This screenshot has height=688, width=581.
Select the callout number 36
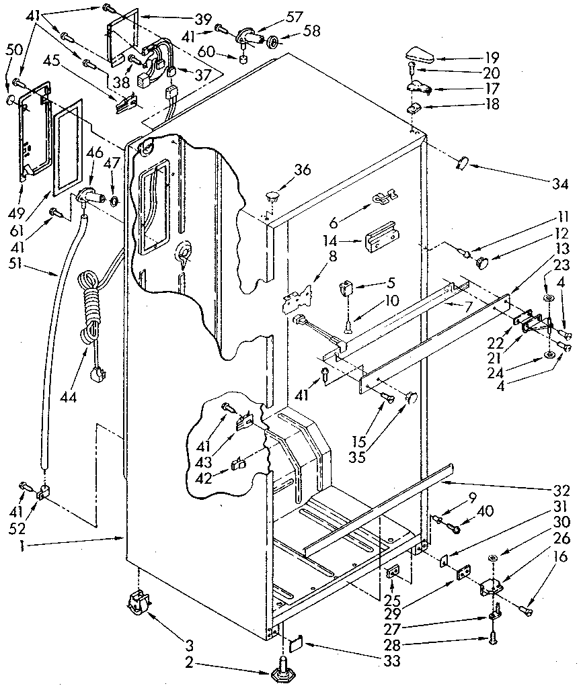tap(302, 170)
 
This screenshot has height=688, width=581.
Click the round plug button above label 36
tap(273, 196)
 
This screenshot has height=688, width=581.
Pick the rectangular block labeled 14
tap(381, 241)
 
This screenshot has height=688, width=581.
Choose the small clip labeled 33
tap(295, 644)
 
